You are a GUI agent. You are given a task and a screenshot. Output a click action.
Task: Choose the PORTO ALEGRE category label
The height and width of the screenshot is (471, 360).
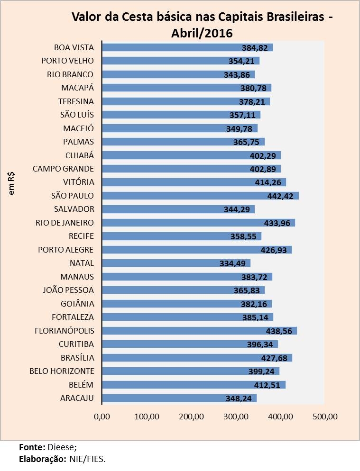[66, 250]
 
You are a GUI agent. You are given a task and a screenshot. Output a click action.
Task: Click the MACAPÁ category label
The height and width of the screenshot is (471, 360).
[77, 88]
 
